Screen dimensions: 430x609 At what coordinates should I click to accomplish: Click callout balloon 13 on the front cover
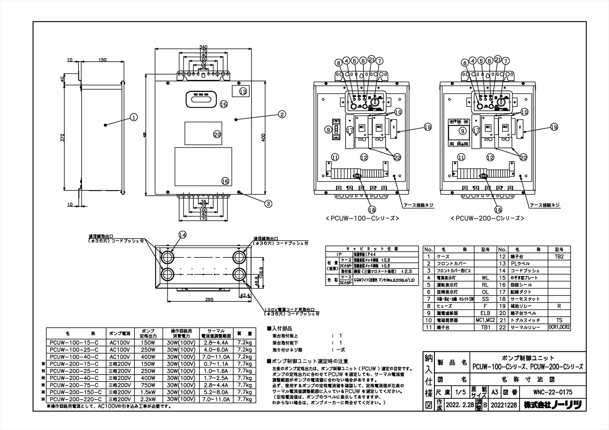click(x=243, y=91)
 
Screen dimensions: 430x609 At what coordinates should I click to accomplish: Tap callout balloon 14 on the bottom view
click(x=182, y=235)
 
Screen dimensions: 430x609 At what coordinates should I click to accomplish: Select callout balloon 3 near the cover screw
click(x=269, y=203)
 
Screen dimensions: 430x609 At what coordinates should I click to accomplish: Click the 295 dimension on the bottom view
click(x=209, y=300)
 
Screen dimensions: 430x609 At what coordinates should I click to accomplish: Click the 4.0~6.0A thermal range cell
click(x=216, y=350)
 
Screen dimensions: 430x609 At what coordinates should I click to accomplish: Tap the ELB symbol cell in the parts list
click(x=485, y=313)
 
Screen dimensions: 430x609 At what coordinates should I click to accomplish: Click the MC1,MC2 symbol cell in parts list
click(x=485, y=320)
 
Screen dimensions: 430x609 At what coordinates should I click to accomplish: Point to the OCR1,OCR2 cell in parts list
click(x=559, y=327)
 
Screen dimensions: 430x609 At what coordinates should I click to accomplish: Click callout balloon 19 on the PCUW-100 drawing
click(x=428, y=128)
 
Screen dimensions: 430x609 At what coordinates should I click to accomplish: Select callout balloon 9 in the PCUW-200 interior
click(x=463, y=132)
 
